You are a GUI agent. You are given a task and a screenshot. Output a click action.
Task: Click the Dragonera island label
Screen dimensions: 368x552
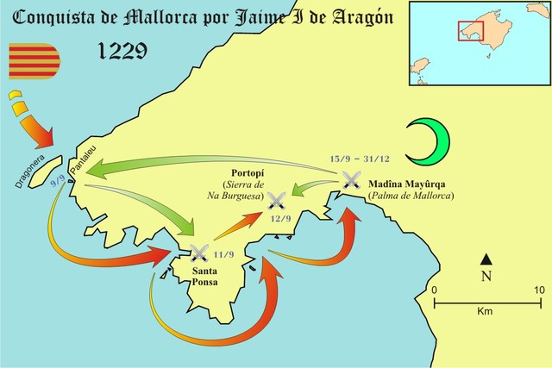pyautogui.click(x=33, y=172)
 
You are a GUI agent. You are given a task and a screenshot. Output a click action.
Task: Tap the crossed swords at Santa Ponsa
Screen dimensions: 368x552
pyautogui.click(x=200, y=252)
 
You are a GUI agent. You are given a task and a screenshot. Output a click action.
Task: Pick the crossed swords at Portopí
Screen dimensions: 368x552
pyautogui.click(x=277, y=201)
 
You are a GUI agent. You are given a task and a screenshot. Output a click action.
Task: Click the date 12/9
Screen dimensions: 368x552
pyautogui.click(x=279, y=220)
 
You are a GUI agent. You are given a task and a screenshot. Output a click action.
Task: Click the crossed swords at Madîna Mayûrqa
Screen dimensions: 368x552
pyautogui.click(x=350, y=179)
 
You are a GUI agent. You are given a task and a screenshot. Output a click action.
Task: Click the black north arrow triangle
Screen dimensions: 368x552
pyautogui.click(x=486, y=259)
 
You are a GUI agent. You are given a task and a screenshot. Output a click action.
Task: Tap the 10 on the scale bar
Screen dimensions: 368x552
pyautogui.click(x=540, y=290)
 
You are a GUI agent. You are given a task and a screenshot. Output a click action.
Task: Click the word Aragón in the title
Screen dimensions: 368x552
pyautogui.click(x=351, y=16)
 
